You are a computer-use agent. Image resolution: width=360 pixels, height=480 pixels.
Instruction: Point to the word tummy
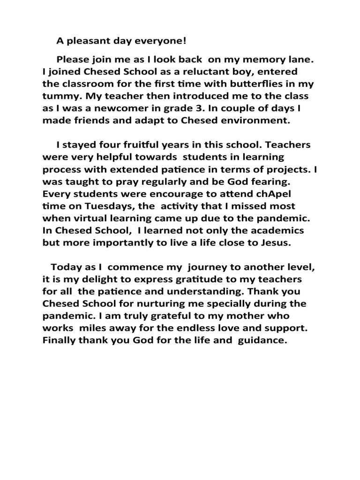[58, 97]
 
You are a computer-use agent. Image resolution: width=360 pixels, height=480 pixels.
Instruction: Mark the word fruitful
[133, 145]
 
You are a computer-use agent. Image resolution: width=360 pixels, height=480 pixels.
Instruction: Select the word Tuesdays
[100, 206]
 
